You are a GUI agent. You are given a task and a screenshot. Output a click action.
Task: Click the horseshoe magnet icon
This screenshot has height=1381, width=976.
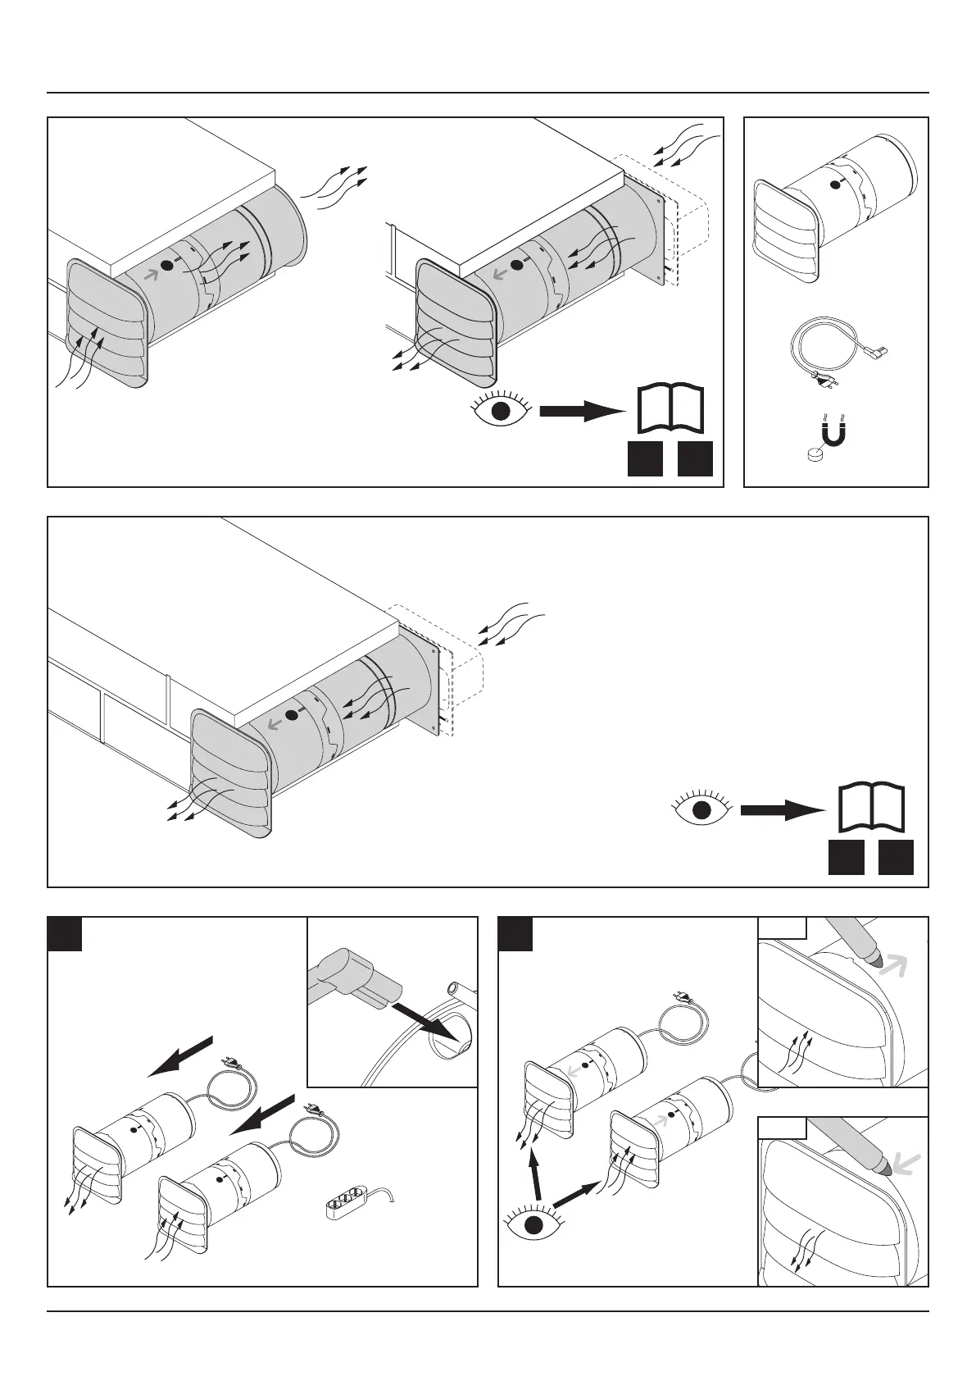[x=833, y=432]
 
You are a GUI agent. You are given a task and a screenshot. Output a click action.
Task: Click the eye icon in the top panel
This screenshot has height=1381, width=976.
[x=502, y=407]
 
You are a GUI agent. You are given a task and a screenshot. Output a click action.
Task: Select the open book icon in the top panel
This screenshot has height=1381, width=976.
[x=670, y=408]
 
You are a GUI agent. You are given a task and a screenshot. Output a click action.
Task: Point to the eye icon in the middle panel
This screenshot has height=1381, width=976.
[x=701, y=809]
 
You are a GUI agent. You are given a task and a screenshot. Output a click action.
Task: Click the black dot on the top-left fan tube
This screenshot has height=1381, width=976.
[x=167, y=265]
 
